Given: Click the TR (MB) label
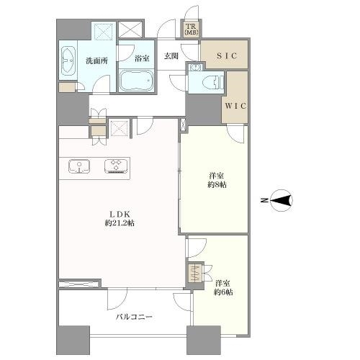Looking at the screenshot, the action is tap(192, 30).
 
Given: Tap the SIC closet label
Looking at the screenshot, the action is tap(227, 56).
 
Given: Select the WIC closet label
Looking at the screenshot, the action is tap(235, 106).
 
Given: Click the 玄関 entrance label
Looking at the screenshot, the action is tap(171, 56).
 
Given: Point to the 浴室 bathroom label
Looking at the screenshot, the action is tap(142, 58).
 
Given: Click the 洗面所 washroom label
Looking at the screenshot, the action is tap(96, 61).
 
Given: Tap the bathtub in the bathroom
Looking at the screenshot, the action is tap(136, 81).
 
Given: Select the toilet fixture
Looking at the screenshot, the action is tap(213, 82).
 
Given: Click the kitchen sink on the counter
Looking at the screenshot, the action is tap(79, 166).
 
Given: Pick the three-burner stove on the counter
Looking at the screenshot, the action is tap(116, 166).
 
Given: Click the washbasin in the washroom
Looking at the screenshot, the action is tap(68, 60).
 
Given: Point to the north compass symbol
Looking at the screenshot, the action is tap(282, 200).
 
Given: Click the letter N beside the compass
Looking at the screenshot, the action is tap(264, 200).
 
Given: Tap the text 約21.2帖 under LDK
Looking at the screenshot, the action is tap(120, 223).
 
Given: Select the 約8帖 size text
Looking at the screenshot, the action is tap(217, 185).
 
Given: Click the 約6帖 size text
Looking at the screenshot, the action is tap(223, 292).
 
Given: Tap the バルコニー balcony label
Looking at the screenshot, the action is tap(134, 317).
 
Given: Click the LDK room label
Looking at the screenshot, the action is tap(120, 214).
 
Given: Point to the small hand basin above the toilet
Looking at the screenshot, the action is tap(196, 67).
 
